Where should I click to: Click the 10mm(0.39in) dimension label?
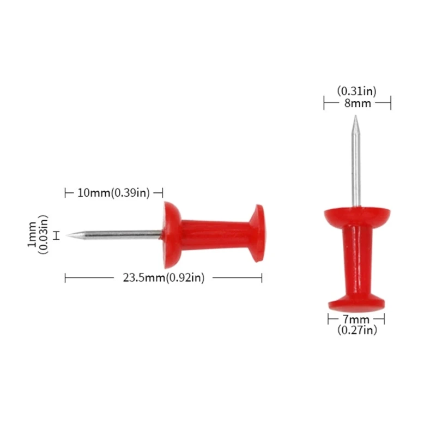tap(113, 192)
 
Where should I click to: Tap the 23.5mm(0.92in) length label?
tap(163, 278)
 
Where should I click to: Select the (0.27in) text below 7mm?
tap(356, 330)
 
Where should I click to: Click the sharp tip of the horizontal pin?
tap(68, 235)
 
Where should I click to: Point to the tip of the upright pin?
tap(355, 117)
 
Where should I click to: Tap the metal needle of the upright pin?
tap(355, 163)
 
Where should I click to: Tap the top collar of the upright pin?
tap(357, 216)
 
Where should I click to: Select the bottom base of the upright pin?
tap(357, 301)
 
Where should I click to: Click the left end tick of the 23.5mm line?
tap(65, 278)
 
